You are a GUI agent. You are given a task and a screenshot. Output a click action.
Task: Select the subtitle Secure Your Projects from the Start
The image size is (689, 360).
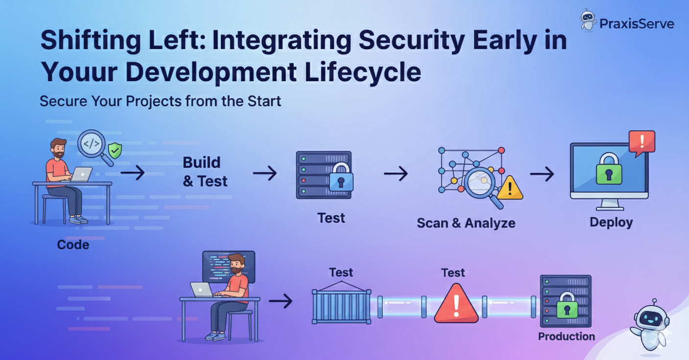(160, 101)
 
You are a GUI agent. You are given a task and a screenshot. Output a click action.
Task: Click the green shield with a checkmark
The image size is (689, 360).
(115, 151)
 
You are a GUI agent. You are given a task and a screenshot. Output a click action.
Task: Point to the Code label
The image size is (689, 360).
(73, 244)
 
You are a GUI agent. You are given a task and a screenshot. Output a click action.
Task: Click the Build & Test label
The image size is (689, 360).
(205, 172)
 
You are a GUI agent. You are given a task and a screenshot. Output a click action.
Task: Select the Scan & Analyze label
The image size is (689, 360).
(465, 223)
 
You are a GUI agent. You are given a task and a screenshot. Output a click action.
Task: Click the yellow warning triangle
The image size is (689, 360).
(509, 188)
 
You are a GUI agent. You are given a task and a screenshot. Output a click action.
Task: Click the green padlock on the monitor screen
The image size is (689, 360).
(609, 170)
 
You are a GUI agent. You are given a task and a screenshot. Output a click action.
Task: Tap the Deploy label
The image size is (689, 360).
(611, 222)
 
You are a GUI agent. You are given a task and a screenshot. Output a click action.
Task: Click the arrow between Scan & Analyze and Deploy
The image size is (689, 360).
(542, 174)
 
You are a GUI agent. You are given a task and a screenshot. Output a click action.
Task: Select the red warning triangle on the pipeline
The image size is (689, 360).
(456, 304)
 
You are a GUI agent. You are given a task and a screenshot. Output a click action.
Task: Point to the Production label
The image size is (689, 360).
(566, 337)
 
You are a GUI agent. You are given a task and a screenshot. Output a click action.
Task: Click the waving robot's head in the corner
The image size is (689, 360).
(651, 316)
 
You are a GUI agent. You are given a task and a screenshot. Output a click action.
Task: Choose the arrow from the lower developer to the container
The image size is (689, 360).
(280, 301)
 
